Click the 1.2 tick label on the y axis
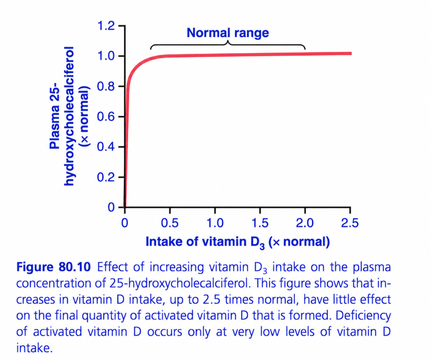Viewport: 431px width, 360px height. coord(106,26)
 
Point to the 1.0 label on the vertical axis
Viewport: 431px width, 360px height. coord(106,56)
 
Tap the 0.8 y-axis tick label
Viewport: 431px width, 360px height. coord(106,87)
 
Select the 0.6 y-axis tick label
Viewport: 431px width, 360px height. coord(106,116)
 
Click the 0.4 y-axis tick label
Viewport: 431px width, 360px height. coord(106,147)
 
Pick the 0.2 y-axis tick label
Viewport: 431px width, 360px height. coord(106,177)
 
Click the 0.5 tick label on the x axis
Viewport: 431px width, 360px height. coord(170,223)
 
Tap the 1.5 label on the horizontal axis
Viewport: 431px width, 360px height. coord(260,223)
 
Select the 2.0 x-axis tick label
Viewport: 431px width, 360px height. coord(305,223)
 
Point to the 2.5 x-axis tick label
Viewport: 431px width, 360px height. coord(350,223)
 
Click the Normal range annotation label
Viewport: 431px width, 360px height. coord(228,33)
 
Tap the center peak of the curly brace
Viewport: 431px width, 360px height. coord(228,41)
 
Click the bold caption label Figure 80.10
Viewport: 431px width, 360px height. coord(53,267)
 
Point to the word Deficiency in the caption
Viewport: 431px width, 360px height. coord(363,316)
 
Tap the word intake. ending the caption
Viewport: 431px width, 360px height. coord(34,348)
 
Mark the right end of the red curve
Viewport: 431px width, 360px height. coord(351,53)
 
